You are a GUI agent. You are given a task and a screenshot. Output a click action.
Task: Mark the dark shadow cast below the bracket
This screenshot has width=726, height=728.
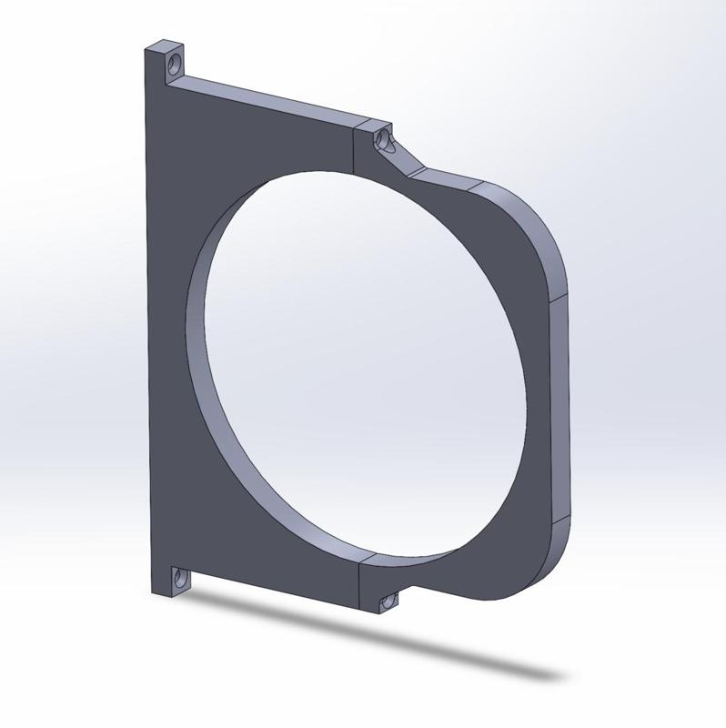point(382,637)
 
